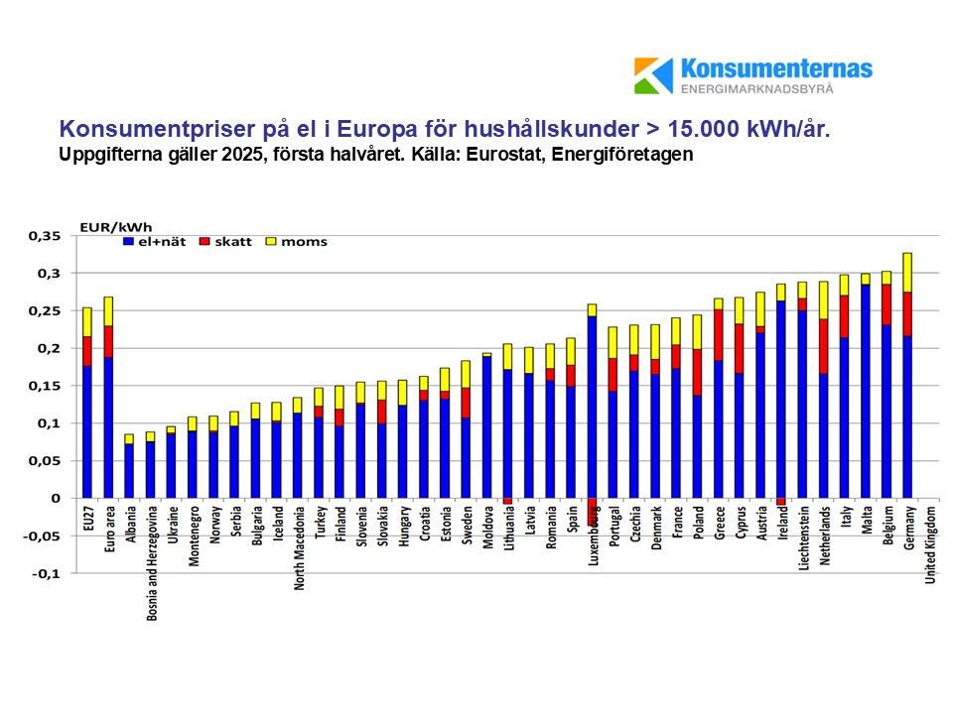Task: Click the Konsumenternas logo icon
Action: click(x=654, y=75)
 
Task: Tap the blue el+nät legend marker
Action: click(x=128, y=241)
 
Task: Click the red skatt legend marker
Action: click(x=205, y=241)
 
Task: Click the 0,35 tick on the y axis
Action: click(x=46, y=236)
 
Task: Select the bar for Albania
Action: click(x=129, y=466)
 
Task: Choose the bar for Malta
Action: click(x=866, y=387)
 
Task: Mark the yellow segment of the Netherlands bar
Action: click(x=824, y=299)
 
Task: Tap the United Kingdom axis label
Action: click(x=930, y=545)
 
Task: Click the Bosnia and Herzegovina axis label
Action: click(x=151, y=560)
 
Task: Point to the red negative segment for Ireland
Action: click(x=781, y=502)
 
